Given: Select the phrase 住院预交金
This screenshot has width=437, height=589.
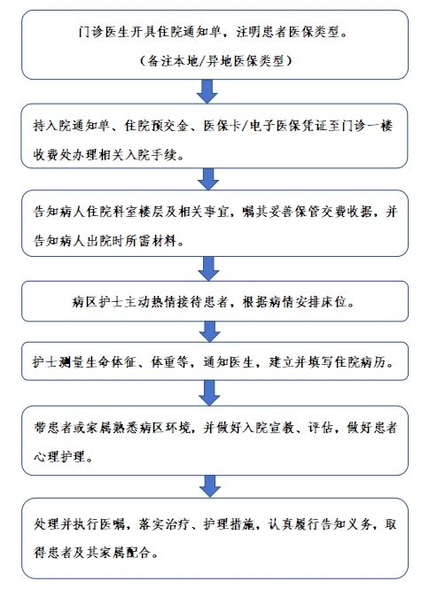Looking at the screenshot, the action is [156, 126].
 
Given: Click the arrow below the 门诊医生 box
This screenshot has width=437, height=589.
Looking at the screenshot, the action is [207, 91].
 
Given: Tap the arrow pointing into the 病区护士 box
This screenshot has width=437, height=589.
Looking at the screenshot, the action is [208, 268].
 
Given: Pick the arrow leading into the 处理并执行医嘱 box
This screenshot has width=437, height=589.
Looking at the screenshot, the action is [210, 486].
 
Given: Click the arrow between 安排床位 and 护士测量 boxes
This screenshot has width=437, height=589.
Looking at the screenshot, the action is [209, 331].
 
